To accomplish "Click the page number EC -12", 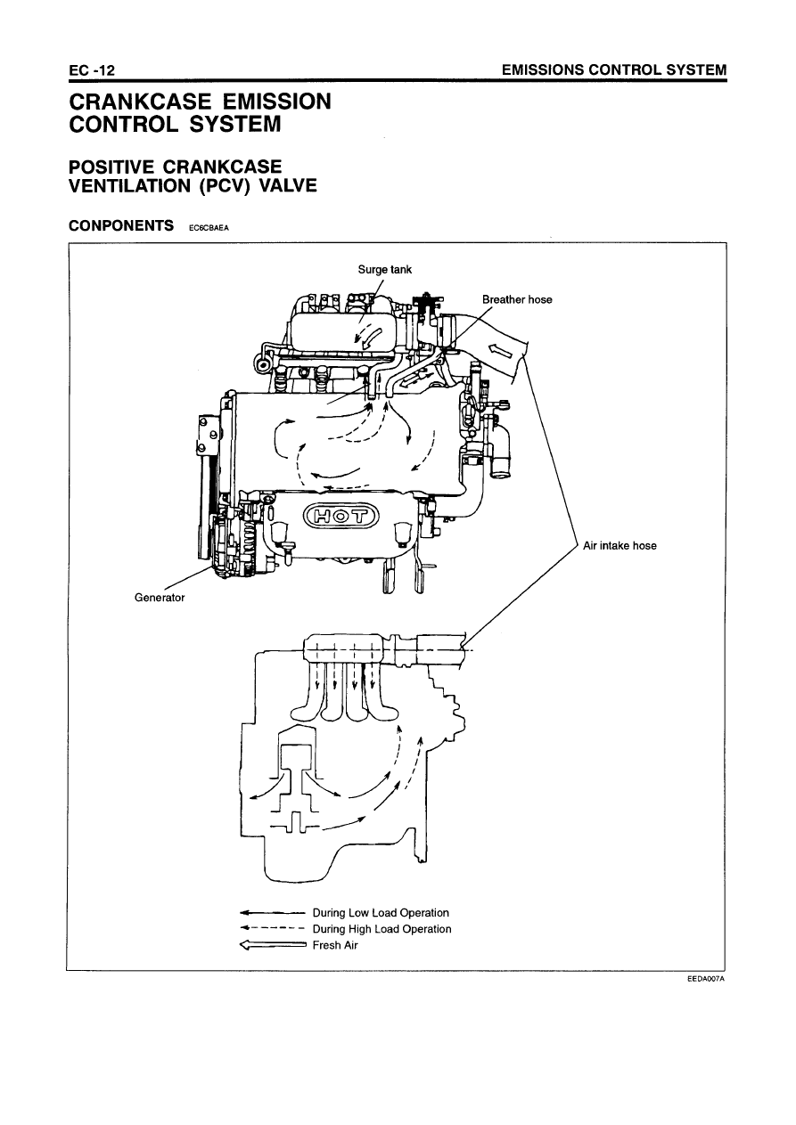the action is [92, 70].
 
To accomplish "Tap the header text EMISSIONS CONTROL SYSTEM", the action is [614, 69].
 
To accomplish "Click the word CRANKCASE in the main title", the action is [140, 102].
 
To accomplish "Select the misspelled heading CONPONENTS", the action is [121, 225].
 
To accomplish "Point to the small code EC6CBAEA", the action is [209, 227].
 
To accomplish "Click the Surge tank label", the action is [384, 270].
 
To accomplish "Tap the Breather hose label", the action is [517, 299].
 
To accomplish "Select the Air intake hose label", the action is [620, 545].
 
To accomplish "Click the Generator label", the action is [160, 598].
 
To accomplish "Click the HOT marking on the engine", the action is [341, 517].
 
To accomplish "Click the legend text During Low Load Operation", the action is [381, 912].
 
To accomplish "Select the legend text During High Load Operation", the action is [382, 929].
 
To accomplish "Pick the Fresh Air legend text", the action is [335, 945].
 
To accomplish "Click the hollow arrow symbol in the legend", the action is [273, 945].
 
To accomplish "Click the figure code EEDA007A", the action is [707, 978].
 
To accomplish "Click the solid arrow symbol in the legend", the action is [273, 912].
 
